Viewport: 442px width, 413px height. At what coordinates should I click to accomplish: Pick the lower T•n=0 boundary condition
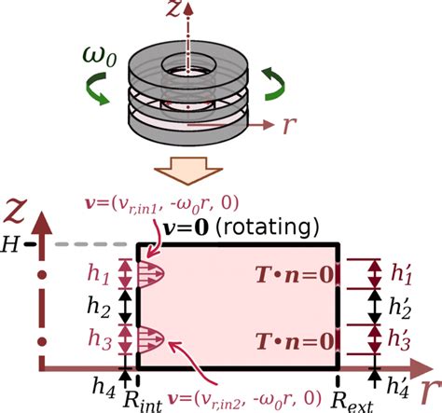[293, 338]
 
